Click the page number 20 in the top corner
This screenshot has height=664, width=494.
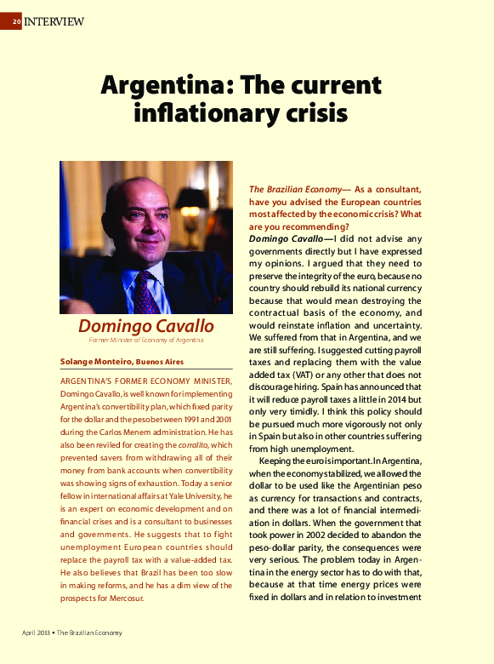[x=16, y=21]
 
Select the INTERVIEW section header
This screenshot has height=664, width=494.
[x=54, y=21]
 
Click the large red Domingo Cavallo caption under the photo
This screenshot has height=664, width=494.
[x=145, y=327]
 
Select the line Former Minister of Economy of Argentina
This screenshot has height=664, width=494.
[x=145, y=341]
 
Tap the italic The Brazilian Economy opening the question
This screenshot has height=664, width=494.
[x=287, y=189]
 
